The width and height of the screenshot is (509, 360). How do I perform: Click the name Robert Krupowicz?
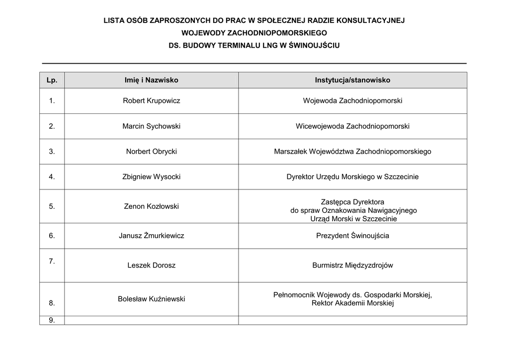click(x=152, y=101)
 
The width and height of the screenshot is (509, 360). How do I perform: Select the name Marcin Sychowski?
click(x=152, y=126)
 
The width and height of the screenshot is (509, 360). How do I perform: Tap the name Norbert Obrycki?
click(x=152, y=152)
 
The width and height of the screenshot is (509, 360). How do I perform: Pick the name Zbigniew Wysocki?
click(x=152, y=177)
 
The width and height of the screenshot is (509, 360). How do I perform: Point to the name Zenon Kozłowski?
click(x=152, y=206)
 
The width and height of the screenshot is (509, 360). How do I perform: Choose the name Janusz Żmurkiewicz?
click(x=152, y=236)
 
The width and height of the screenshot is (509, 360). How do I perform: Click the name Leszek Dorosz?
click(x=152, y=266)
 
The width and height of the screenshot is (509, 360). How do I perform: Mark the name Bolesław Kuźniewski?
click(x=152, y=299)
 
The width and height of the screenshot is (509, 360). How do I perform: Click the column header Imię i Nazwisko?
click(x=152, y=80)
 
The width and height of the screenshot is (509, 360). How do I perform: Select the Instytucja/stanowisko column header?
click(x=352, y=80)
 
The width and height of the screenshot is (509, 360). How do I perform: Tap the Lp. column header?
click(x=52, y=80)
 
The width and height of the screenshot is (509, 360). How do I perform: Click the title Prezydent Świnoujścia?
click(x=352, y=236)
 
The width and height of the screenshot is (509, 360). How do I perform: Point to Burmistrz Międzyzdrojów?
click(x=352, y=266)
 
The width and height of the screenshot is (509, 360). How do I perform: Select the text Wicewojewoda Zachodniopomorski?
click(x=352, y=126)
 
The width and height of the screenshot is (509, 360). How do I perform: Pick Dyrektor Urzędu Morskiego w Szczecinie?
click(x=352, y=177)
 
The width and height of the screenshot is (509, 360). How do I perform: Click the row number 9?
click(x=52, y=320)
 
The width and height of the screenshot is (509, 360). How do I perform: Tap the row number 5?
click(x=52, y=206)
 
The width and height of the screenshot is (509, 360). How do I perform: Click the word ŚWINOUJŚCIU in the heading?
click(x=314, y=45)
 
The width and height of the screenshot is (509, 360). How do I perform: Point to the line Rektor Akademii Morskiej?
click(x=352, y=303)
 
